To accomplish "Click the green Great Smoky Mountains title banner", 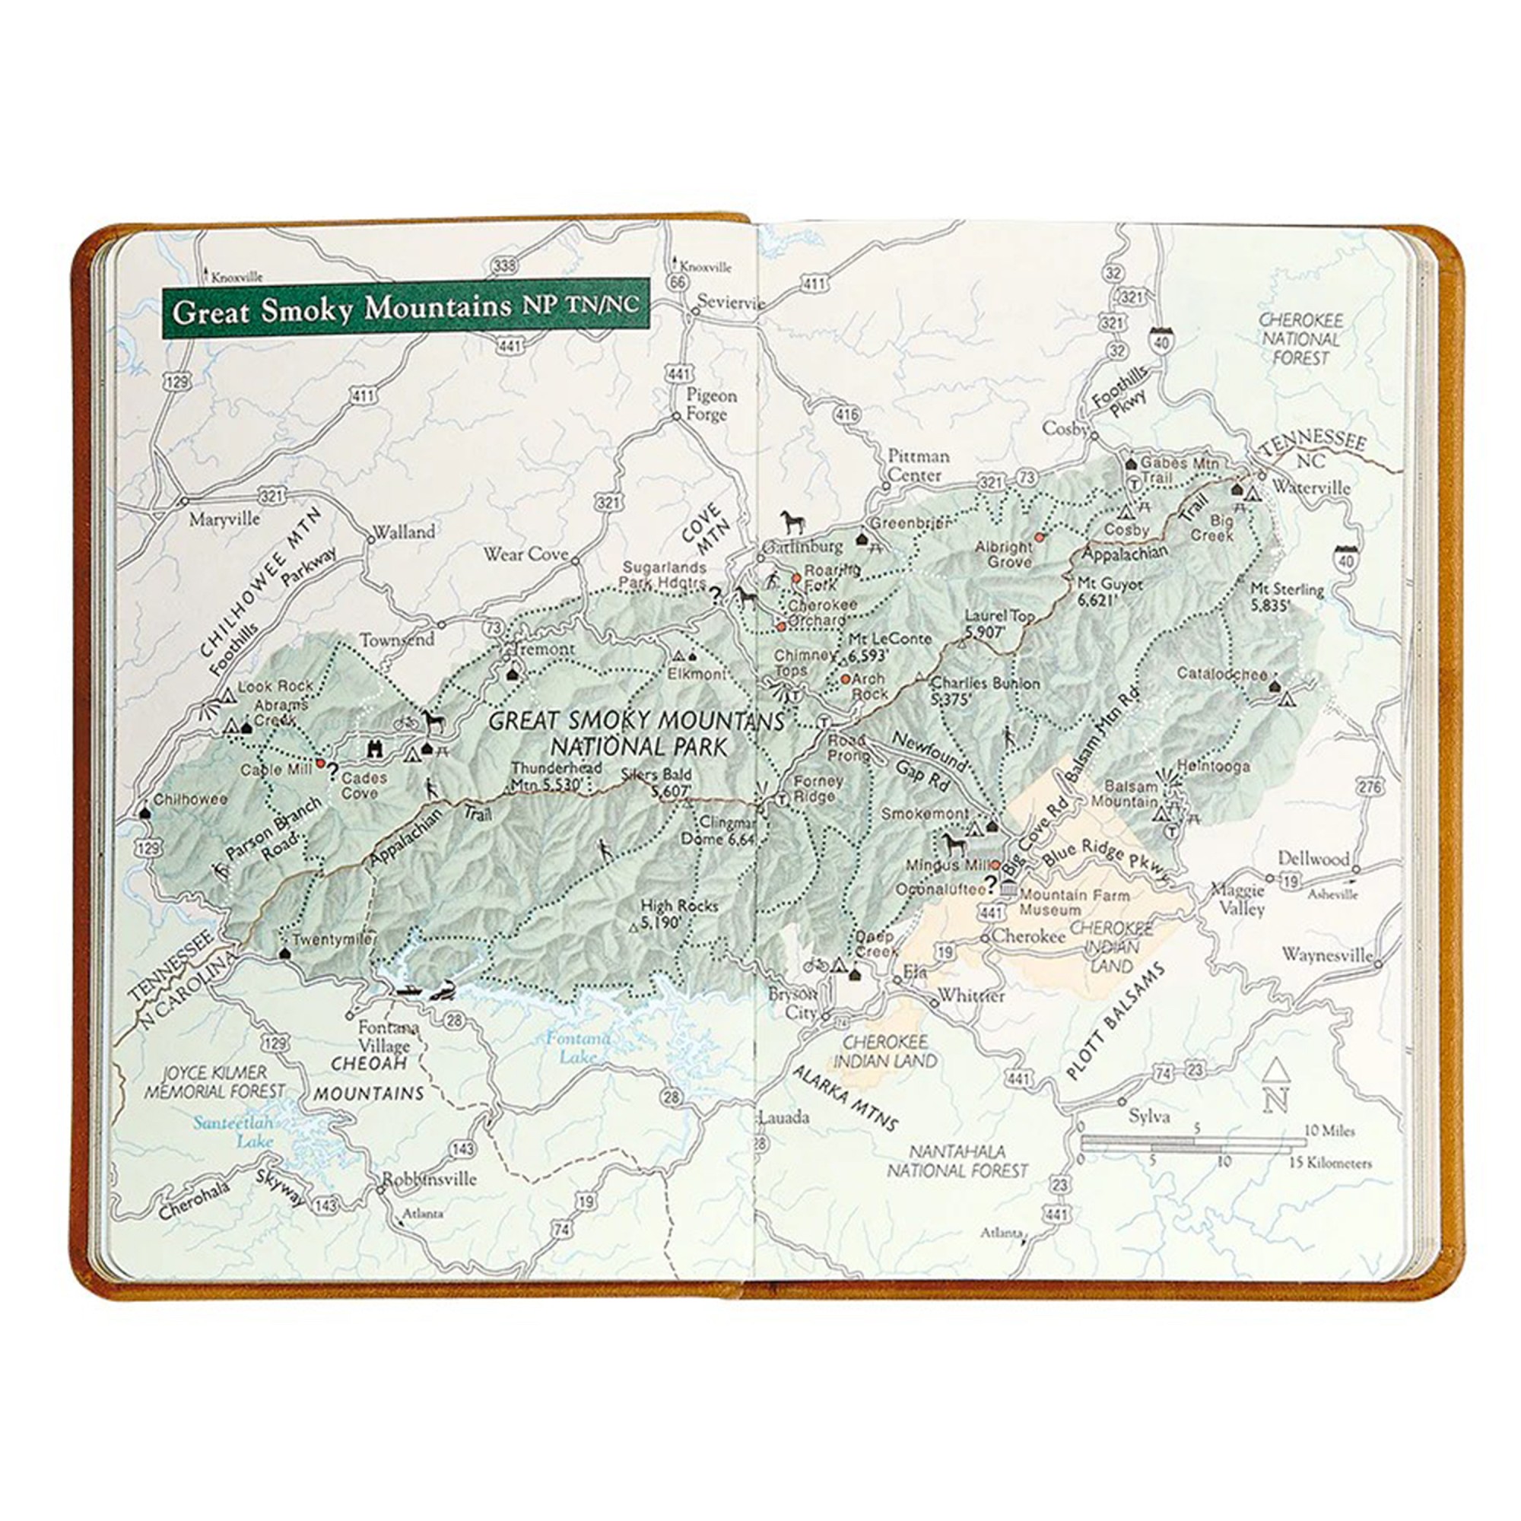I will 405,308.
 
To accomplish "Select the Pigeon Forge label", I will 711,405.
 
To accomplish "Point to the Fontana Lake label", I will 579,1047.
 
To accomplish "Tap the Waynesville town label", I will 1326,955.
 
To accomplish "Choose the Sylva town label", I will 1148,1116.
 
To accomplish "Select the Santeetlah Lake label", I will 233,1132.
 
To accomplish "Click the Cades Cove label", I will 364,785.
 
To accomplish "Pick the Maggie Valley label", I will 1237,899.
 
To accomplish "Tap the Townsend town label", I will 398,640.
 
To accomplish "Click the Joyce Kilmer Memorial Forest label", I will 216,1081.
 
